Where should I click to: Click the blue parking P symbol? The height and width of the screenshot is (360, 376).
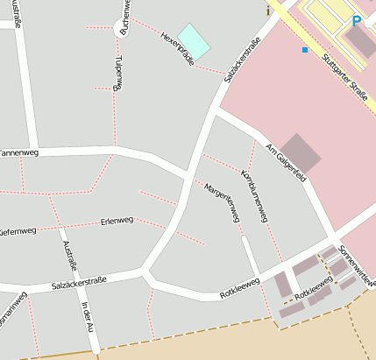point(357,21)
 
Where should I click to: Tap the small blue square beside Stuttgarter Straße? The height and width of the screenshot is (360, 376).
point(305,50)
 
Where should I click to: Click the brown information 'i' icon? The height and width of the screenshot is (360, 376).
point(268,11)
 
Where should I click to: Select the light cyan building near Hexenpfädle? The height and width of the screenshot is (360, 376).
point(195,41)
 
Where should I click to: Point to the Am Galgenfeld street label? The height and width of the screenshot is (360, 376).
point(285,158)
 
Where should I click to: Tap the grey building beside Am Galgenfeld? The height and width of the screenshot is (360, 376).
point(301,153)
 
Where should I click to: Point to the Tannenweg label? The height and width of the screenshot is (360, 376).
point(19,153)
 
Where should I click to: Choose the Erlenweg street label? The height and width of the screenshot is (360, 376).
point(117,221)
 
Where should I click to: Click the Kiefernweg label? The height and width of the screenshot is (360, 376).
point(18,231)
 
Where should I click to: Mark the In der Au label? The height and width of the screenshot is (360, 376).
point(86,315)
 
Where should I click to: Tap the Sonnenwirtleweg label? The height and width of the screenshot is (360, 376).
point(358,265)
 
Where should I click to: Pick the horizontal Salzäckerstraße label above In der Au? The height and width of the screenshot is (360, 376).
point(79,282)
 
